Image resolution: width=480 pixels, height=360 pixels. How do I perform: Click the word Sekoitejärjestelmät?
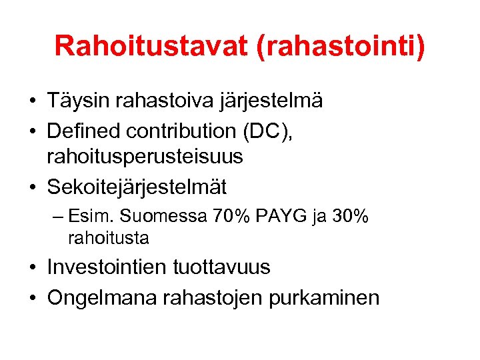pyautogui.click(x=137, y=187)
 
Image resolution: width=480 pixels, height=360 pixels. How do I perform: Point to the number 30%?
pyautogui.click(x=350, y=217)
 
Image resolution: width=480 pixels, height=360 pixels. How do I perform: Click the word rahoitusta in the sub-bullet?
pyautogui.click(x=108, y=238)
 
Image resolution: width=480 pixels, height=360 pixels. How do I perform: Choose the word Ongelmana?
pyautogui.click(x=103, y=297)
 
